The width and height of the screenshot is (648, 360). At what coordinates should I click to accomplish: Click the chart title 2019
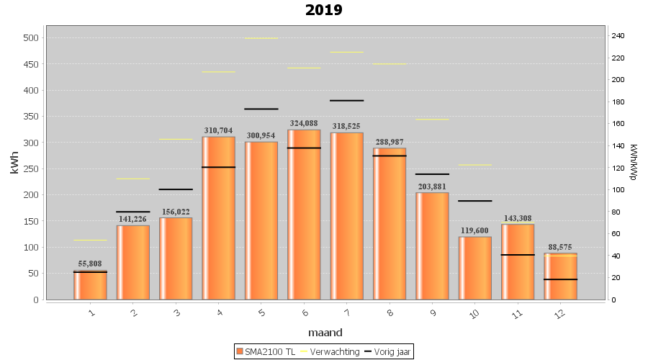click(323, 10)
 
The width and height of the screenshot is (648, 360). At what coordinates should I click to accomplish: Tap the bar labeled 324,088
click(304, 216)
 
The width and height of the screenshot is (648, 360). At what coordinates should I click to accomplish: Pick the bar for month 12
click(560, 276)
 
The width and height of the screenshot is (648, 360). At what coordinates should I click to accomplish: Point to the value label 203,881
click(432, 186)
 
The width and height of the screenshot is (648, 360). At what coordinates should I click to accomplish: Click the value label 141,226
click(132, 220)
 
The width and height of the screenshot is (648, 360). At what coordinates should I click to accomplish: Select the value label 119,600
click(474, 231)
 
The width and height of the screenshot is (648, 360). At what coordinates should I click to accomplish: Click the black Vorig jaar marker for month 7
click(346, 101)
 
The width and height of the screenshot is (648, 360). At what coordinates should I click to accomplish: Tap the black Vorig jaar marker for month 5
click(261, 109)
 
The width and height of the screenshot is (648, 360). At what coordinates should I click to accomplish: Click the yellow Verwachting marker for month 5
click(261, 38)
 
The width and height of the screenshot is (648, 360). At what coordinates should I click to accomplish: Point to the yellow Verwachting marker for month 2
click(132, 179)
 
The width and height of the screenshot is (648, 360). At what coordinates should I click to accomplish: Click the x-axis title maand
click(325, 333)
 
